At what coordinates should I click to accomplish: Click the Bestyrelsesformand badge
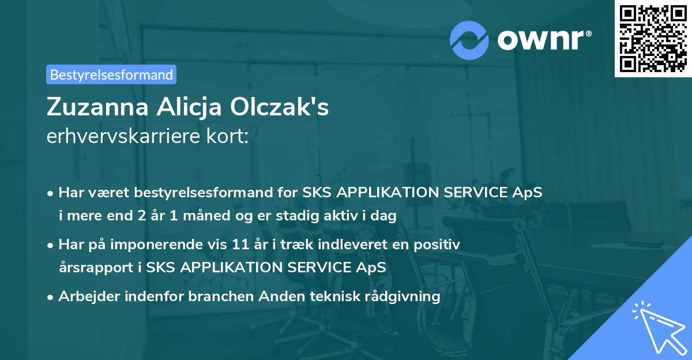[111, 74]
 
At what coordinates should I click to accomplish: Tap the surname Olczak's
[281, 107]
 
